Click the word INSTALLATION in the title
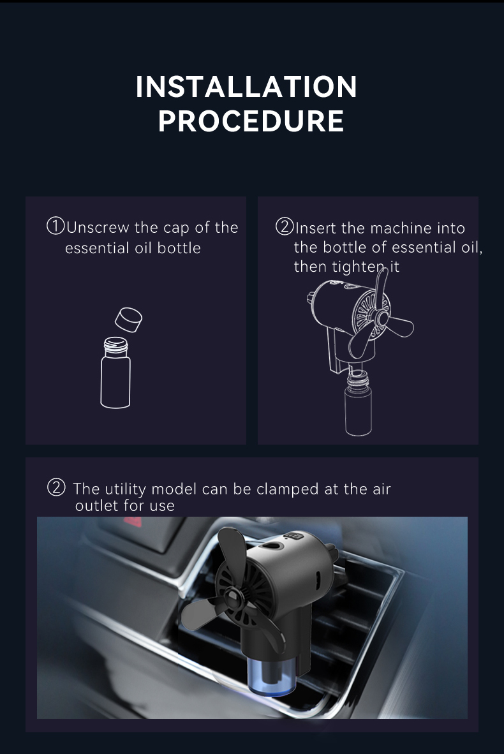point(246,87)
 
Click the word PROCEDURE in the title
point(251,121)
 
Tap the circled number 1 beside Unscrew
point(56,226)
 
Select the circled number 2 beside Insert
point(285,226)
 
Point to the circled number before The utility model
point(56,487)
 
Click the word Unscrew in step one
point(98,228)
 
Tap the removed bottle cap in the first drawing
point(128,320)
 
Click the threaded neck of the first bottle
point(116,346)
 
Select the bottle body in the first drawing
point(115,382)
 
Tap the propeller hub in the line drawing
point(382,318)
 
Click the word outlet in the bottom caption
point(96,505)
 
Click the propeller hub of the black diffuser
point(232,601)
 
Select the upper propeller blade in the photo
point(232,558)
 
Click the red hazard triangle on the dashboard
point(133,522)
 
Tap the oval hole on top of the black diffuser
point(271,546)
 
